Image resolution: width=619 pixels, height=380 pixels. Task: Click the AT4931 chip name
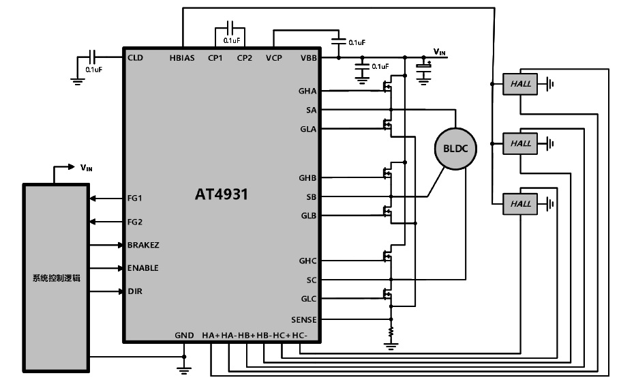tap(222, 194)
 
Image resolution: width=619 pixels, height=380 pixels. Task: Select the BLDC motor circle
tap(455, 147)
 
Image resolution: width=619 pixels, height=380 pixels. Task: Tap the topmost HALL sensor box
tap(520, 84)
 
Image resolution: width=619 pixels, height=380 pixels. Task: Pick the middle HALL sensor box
tap(520, 143)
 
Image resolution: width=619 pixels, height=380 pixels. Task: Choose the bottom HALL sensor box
tap(520, 203)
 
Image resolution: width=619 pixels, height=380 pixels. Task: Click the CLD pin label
tap(135, 57)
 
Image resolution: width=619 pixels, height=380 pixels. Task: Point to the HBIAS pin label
tap(183, 58)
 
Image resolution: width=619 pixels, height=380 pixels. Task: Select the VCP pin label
tap(274, 58)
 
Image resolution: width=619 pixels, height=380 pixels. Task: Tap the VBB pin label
tap(308, 58)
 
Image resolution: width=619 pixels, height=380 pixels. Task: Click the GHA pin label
tap(307, 91)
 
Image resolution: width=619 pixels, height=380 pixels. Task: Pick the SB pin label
tap(312, 196)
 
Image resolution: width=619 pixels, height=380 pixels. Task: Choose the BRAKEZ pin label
tap(142, 244)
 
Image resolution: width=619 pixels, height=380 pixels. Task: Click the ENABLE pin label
tap(142, 268)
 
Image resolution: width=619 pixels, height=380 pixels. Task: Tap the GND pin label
tap(184, 336)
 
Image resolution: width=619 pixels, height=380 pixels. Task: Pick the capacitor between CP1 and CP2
tap(230, 29)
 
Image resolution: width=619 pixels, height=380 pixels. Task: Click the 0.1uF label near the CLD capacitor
tap(94, 69)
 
